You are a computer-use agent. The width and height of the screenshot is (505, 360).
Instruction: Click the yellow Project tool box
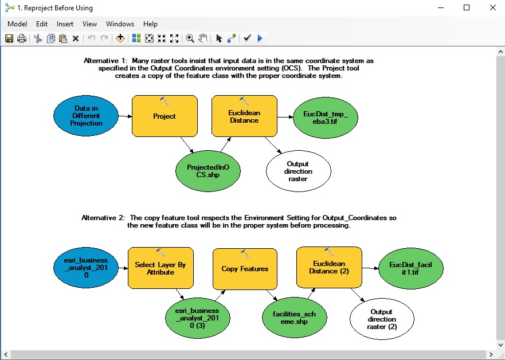165,116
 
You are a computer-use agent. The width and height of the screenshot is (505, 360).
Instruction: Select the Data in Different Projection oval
86,116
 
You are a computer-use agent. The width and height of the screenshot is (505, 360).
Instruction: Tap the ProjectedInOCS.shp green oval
208,171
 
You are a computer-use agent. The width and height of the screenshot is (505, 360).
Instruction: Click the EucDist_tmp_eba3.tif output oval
326,118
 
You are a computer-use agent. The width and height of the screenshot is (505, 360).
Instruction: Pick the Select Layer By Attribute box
160,268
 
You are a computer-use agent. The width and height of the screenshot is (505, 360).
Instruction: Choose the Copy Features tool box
245,269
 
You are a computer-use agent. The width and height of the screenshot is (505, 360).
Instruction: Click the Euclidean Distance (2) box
329,267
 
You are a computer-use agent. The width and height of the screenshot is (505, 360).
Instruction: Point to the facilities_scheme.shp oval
295,318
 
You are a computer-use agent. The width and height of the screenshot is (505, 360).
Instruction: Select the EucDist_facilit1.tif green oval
410,268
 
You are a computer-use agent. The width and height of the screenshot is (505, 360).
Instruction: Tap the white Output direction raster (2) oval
382,319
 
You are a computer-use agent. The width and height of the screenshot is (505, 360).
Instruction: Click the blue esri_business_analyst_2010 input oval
86,268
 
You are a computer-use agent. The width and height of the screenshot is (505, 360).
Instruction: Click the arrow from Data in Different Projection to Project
126,116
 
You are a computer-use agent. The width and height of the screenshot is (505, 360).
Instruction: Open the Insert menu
65,24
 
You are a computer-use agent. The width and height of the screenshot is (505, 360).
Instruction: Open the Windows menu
120,24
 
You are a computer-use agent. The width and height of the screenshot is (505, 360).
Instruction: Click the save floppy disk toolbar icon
9,38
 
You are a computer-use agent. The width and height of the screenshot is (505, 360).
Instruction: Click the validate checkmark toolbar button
247,38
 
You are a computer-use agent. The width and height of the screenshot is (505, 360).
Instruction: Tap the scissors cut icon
38,38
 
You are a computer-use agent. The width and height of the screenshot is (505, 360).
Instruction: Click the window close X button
493,7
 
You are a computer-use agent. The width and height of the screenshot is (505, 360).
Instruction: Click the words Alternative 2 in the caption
103,218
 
